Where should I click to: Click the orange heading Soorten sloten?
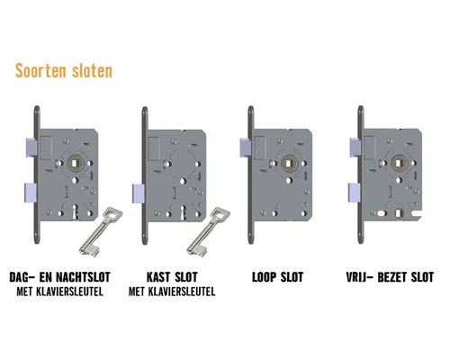63,70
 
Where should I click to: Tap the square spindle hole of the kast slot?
184,166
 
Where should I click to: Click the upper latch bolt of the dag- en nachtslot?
30,144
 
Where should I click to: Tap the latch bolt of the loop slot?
245,144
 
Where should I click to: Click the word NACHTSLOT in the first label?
83,276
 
